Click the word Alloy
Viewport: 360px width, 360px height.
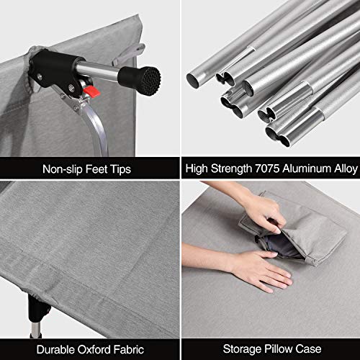point(341,169)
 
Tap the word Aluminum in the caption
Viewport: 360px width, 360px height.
point(304,169)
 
